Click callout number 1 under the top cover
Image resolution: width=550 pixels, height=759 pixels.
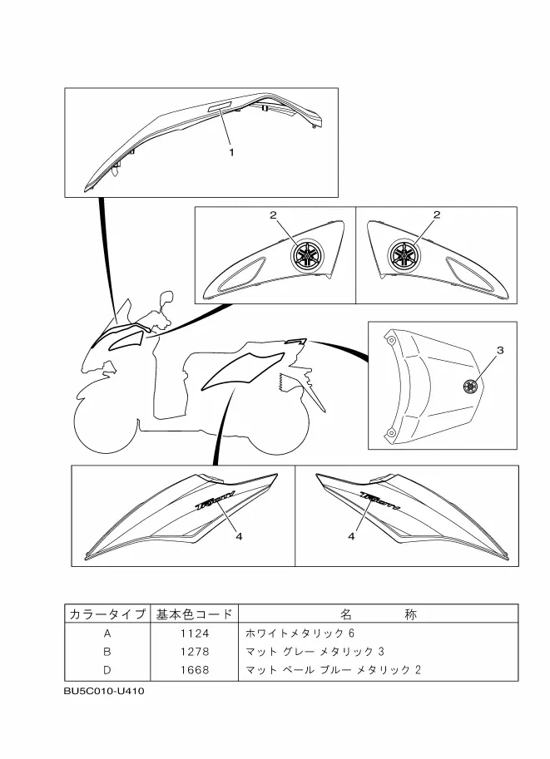[231, 152]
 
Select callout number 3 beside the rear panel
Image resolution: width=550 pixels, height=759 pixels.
[500, 350]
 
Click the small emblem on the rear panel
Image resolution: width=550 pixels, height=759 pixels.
[468, 385]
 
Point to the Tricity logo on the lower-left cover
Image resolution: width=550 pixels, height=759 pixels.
[215, 502]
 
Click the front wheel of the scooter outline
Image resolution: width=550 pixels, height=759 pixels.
[104, 421]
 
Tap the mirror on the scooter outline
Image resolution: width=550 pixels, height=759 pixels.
[167, 298]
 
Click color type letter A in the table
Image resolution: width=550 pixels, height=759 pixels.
[107, 633]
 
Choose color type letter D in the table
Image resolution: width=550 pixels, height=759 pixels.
[107, 669]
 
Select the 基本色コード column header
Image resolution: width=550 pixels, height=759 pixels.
[195, 614]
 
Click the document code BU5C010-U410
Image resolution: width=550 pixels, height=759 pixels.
[104, 690]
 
